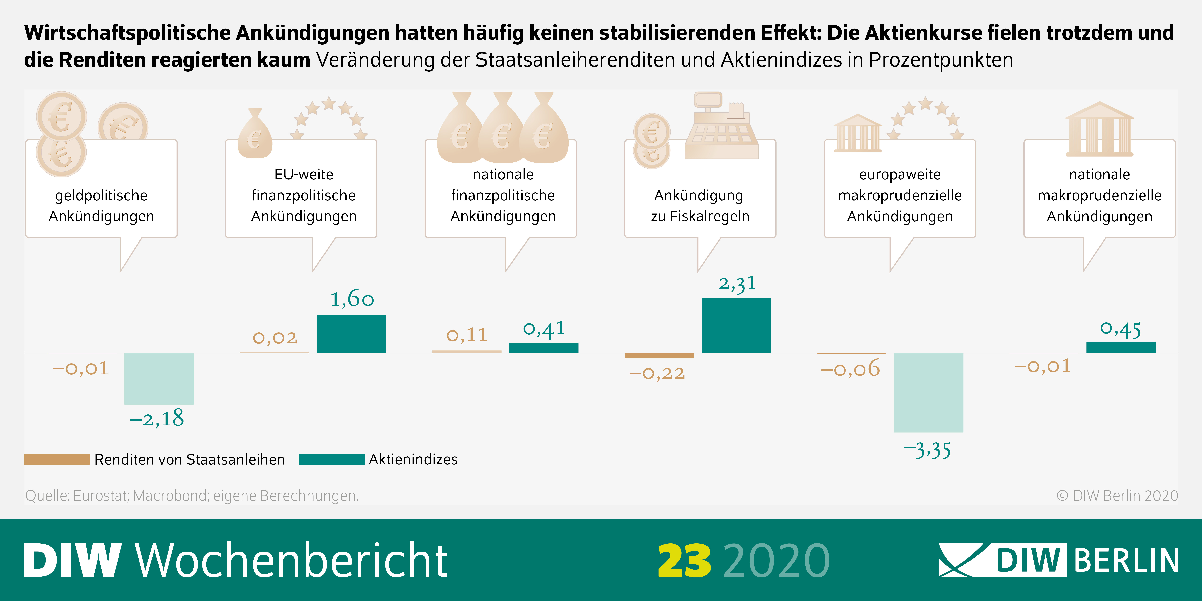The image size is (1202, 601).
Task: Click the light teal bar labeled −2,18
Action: (159, 378)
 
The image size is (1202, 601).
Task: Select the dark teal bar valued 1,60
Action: (351, 334)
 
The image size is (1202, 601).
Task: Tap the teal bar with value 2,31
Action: (736, 325)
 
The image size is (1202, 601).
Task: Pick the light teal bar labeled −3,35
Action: (928, 392)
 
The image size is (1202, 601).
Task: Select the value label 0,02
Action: (275, 337)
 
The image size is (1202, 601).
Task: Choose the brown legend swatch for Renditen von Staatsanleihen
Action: (56, 459)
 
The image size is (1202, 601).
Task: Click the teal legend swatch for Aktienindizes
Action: (331, 459)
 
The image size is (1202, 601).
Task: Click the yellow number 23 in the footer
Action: (684, 560)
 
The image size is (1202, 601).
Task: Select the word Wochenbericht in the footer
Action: (292, 560)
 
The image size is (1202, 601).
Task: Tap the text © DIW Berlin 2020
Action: (1117, 496)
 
